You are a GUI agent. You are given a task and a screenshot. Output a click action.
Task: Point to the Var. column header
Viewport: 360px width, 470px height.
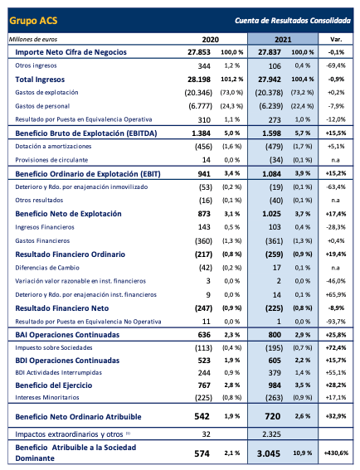tap(336, 39)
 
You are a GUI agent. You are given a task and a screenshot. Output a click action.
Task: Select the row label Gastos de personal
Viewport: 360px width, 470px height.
tap(43, 106)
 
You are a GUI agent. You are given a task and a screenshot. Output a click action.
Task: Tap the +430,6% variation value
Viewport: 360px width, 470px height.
tap(334, 454)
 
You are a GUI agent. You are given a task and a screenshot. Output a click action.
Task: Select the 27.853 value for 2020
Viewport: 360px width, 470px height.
tap(219, 51)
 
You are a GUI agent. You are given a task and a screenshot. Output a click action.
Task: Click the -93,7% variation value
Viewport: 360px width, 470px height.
tap(336, 321)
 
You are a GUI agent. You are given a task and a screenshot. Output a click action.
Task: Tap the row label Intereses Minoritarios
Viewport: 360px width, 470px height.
tap(46, 395)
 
